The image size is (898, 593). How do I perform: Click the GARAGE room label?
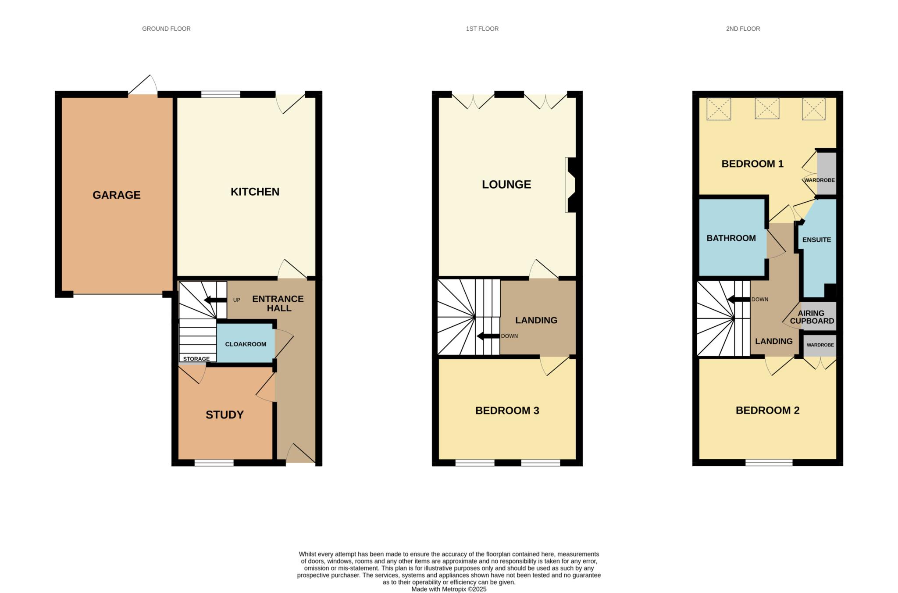[117, 195]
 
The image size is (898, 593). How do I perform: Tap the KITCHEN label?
[255, 192]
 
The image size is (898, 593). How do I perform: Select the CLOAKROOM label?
[246, 344]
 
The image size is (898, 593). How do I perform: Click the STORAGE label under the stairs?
[196, 359]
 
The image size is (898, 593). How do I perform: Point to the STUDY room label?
[224, 415]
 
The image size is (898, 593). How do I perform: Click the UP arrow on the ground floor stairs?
[215, 300]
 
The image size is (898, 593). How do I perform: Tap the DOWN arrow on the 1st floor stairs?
[488, 336]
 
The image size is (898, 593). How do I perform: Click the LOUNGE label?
[506, 185]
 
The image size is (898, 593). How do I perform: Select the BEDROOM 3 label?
[507, 411]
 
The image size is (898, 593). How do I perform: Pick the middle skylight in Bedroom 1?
[767, 108]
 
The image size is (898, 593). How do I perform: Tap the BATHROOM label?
[731, 238]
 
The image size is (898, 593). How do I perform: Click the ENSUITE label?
[816, 240]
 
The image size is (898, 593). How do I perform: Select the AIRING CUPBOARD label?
[812, 317]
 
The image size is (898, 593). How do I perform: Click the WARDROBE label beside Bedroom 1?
[819, 180]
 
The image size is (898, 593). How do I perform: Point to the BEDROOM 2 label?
[767, 411]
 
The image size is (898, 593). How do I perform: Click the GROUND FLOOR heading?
[166, 29]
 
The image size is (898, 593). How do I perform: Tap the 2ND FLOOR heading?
[743, 29]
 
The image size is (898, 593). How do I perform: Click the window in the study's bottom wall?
[214, 463]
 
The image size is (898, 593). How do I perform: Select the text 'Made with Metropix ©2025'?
[449, 589]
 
